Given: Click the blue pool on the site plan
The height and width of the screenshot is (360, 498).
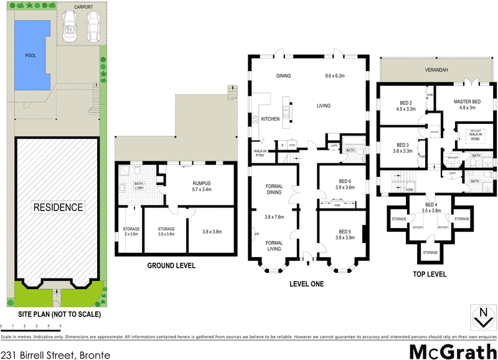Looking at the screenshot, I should (x=31, y=54).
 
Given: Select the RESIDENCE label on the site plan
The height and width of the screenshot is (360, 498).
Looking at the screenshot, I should (x=57, y=207).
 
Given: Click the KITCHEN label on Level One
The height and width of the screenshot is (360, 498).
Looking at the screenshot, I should (x=270, y=118).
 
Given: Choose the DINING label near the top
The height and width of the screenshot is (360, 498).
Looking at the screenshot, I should (x=284, y=76).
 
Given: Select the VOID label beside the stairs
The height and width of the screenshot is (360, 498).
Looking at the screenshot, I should (x=410, y=189).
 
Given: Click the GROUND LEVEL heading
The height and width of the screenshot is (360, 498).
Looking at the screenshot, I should (x=171, y=266).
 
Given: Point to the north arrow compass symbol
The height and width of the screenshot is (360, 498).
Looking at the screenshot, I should (x=482, y=318).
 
